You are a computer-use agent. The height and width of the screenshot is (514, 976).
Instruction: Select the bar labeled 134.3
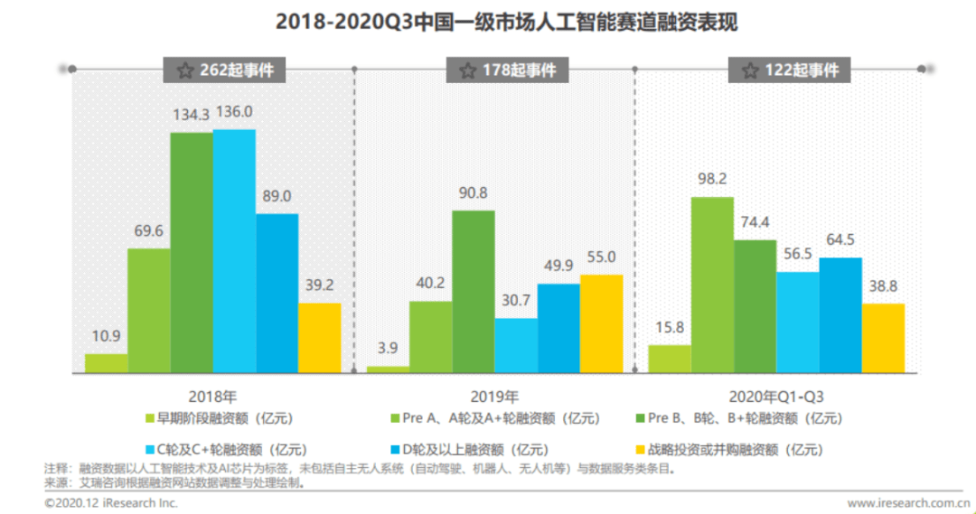click(192, 253)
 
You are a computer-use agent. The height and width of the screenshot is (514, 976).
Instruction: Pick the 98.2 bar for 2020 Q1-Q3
click(711, 285)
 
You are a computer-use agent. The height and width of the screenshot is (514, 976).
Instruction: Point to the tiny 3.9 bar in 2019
click(387, 369)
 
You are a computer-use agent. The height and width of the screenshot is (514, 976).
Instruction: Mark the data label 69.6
click(148, 231)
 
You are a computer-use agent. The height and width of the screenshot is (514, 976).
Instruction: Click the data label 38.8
click(883, 285)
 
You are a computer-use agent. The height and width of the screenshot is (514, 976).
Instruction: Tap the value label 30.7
click(515, 300)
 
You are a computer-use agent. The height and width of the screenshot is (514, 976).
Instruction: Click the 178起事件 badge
click(508, 70)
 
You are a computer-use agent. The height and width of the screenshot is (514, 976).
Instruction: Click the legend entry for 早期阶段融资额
click(216, 418)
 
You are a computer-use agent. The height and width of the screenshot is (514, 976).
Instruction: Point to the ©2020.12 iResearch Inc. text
click(111, 502)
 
